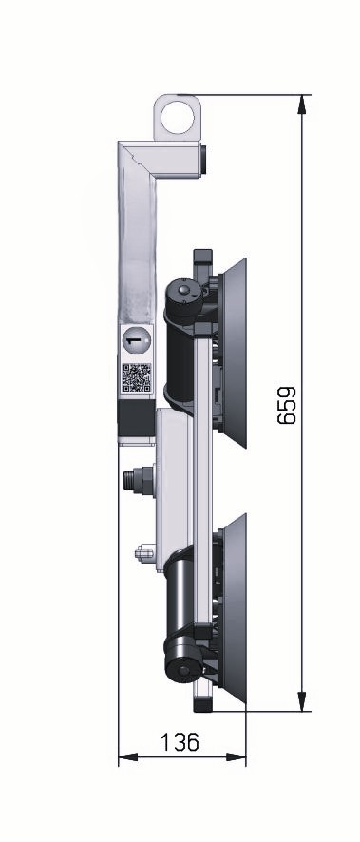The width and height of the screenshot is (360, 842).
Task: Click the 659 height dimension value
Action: tap(287, 405)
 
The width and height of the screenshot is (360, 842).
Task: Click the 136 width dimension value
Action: tap(180, 742)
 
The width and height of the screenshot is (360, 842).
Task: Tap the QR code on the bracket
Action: tap(137, 377)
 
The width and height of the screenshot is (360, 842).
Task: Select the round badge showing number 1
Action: tap(137, 340)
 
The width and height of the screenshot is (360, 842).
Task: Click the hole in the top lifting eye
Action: tap(177, 118)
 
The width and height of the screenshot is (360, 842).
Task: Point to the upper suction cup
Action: tap(234, 353)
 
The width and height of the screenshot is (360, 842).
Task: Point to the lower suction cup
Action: tap(234, 608)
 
